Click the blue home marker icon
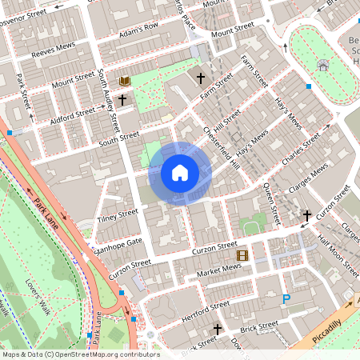[x=180, y=172]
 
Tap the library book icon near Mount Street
[x=124, y=82]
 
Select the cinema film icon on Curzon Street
[x=242, y=256]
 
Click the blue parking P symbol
[x=286, y=299]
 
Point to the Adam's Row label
[x=139, y=31]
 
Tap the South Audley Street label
[x=109, y=101]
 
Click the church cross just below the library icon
[x=122, y=100]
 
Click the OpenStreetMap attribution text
[x=80, y=354]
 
